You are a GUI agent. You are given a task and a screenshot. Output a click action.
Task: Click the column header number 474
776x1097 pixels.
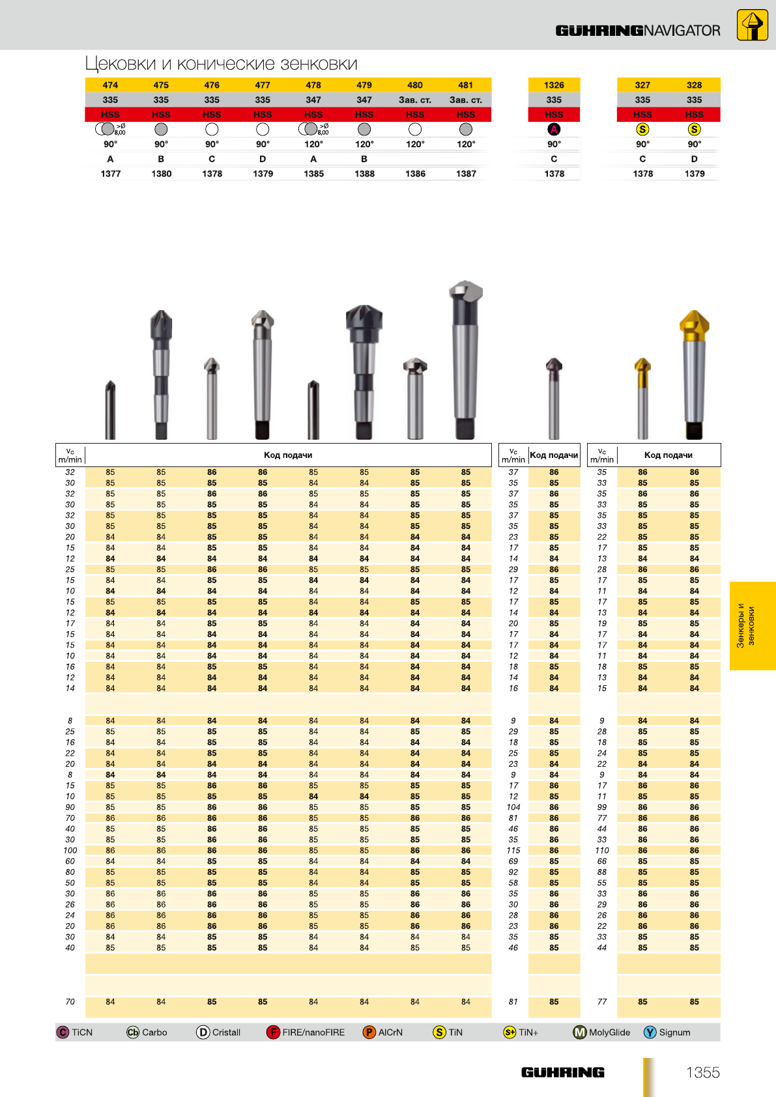click(110, 85)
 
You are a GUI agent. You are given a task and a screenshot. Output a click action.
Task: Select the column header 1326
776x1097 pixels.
click(554, 85)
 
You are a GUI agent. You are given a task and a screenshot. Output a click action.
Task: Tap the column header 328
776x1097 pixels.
click(694, 85)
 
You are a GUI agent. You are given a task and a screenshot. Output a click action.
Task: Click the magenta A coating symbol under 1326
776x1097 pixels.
click(554, 129)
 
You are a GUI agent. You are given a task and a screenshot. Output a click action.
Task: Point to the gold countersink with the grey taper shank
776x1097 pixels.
click(694, 374)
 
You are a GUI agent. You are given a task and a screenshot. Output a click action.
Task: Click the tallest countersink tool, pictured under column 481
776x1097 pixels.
click(465, 360)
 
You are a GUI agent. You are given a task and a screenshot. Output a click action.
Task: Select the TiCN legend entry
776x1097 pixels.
click(74, 1033)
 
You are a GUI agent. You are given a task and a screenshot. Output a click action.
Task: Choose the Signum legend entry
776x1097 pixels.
click(667, 1033)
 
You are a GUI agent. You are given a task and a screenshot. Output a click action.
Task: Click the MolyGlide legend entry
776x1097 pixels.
click(601, 1033)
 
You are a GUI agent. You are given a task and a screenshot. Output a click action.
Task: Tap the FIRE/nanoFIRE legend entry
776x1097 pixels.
click(306, 1033)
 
